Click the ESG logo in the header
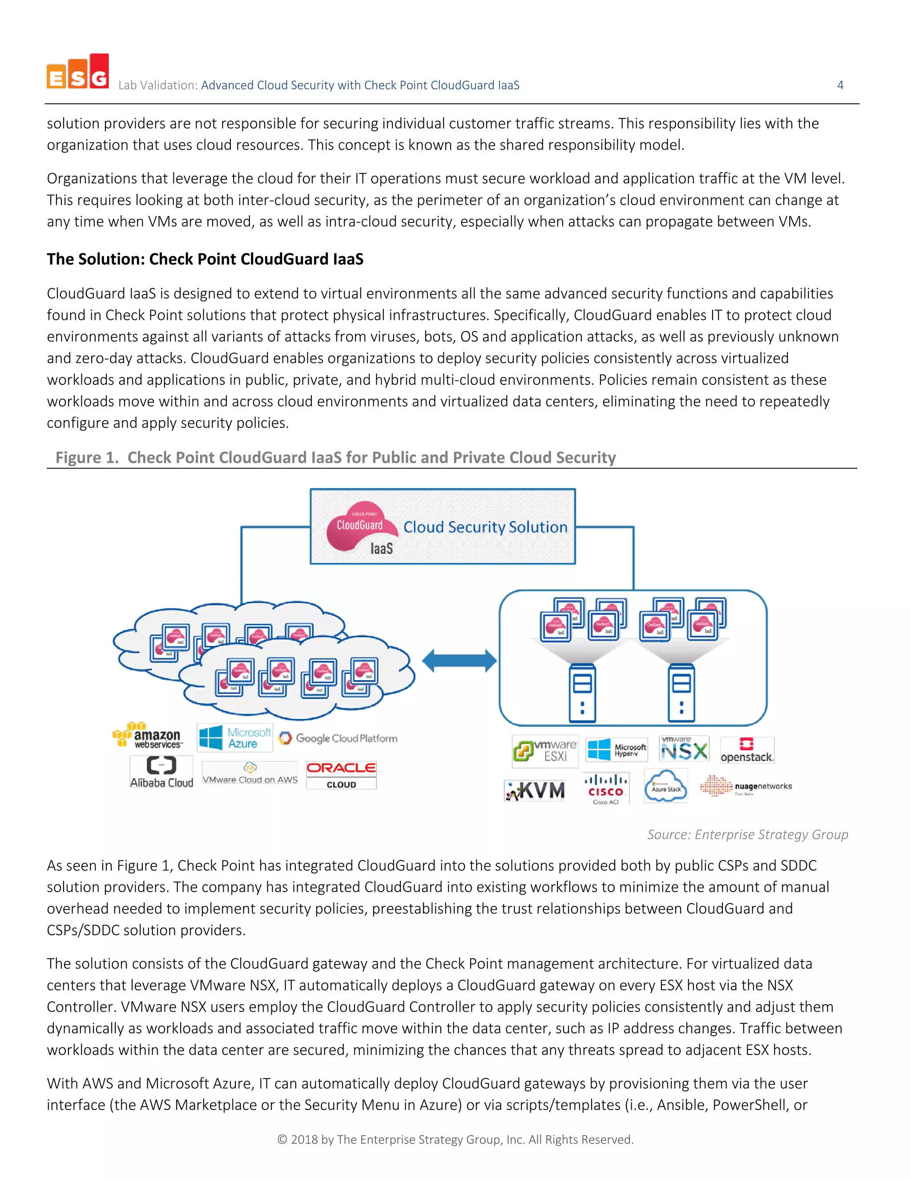(78, 72)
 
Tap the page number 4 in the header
(840, 85)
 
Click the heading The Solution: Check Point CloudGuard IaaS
(205, 259)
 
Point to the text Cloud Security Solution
(485, 527)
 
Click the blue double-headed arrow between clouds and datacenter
(459, 661)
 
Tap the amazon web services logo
(148, 736)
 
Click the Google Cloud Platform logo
(339, 739)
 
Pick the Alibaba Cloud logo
(161, 772)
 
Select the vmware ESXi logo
(545, 751)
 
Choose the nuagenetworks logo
(746, 786)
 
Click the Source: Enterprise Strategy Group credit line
(747, 835)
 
